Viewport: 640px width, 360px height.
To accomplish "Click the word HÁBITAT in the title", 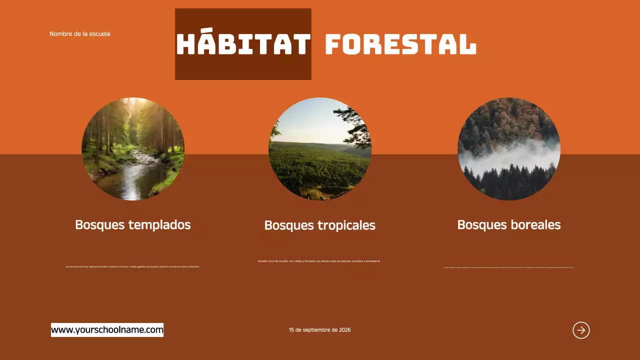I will (243, 44).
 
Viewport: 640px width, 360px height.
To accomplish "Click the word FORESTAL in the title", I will (400, 44).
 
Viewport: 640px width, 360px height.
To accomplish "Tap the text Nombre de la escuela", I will (80, 34).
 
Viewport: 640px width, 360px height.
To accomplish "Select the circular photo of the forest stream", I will (133, 149).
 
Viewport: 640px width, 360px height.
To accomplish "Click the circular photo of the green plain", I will (320, 149).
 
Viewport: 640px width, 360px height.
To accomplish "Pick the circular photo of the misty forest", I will (509, 149).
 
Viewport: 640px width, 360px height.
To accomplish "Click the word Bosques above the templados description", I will (99, 225).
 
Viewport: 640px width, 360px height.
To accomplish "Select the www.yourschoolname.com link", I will (107, 330).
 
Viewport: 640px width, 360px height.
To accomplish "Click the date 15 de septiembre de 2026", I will (319, 330).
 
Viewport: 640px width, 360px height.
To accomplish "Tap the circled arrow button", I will (581, 330).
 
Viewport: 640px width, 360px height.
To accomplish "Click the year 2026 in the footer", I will (345, 330).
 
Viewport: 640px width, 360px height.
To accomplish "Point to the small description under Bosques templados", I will (132, 267).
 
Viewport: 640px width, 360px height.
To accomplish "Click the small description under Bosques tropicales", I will (319, 261).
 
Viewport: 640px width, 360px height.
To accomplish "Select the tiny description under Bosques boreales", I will (508, 267).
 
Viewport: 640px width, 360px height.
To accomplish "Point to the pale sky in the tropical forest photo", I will (305, 120).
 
